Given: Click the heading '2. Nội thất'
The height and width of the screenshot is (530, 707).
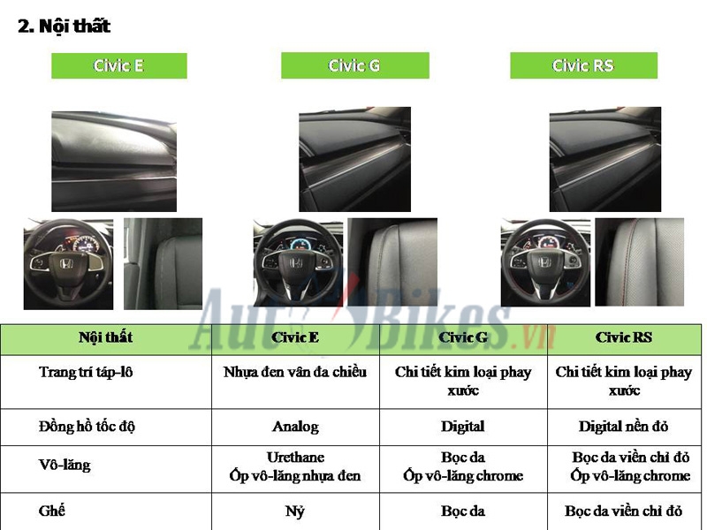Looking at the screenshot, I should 65,26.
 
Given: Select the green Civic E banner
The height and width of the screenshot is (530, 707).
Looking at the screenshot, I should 118,66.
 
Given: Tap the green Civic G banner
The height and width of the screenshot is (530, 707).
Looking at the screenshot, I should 354,66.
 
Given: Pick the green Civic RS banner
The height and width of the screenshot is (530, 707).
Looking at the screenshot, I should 583,66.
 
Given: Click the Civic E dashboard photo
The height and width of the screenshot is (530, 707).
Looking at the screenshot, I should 114,162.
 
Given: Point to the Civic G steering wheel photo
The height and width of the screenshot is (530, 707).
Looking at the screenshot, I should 298,263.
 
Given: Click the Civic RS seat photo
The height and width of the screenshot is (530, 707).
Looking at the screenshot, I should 639,262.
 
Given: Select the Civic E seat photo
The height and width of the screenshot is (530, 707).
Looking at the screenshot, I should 163,262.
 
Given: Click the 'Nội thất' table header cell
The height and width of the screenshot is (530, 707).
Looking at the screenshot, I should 105,337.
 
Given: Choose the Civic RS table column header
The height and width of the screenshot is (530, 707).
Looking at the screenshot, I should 623,337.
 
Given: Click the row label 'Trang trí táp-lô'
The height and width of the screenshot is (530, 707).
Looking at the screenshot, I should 86,372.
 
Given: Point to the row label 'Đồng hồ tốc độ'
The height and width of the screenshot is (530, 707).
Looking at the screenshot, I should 87,427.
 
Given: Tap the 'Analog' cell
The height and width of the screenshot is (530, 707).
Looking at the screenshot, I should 295,427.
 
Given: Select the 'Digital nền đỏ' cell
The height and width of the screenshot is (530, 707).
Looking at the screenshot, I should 623,427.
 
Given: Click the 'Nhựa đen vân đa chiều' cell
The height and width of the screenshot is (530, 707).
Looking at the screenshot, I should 295,372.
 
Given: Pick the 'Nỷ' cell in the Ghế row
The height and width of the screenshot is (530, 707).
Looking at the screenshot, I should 295,511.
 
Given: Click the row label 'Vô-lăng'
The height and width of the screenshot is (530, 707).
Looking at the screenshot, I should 65,465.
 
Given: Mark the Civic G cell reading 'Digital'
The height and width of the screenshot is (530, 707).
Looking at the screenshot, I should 463,427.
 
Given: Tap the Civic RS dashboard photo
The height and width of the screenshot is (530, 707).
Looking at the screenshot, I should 605,160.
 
